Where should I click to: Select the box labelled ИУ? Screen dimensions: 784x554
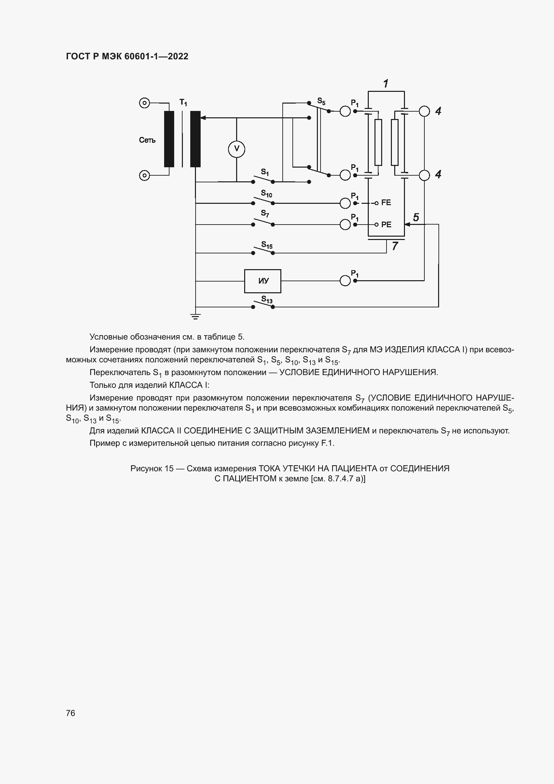[x=263, y=281]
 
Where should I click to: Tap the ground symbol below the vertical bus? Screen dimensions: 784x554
[x=196, y=316]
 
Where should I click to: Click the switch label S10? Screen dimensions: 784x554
[x=266, y=194]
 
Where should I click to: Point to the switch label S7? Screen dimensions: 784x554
[x=265, y=214]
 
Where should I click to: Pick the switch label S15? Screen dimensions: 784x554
[x=267, y=245]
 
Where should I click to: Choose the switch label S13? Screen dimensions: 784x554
[x=267, y=299]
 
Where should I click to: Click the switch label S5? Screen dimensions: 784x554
[x=321, y=101]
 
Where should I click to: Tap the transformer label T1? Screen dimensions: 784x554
[x=183, y=102]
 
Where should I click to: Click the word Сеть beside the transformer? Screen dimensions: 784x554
[x=147, y=140]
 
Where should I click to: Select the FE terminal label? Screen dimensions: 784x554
[x=386, y=203]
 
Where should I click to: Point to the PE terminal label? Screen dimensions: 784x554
[x=386, y=225]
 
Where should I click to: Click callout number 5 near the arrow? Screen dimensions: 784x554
[x=416, y=217]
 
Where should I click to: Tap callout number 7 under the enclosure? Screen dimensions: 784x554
[x=395, y=246]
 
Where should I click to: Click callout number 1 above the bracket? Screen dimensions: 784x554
[x=386, y=83]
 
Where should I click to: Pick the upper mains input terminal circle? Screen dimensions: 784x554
[x=145, y=103]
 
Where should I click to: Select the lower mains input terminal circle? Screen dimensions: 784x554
[x=145, y=176]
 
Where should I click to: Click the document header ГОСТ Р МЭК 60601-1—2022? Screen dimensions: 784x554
[x=127, y=56]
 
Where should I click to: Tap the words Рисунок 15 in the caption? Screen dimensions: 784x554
[x=152, y=469]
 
